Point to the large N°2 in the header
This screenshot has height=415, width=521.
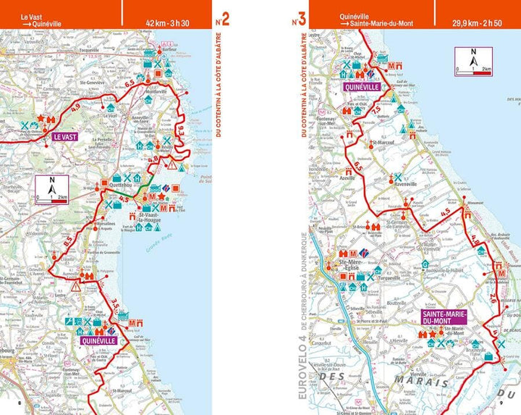point(223,19)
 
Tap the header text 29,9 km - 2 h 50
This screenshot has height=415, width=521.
point(478,23)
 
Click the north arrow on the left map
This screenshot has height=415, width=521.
point(53,187)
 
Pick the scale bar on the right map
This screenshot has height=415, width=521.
point(473,71)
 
